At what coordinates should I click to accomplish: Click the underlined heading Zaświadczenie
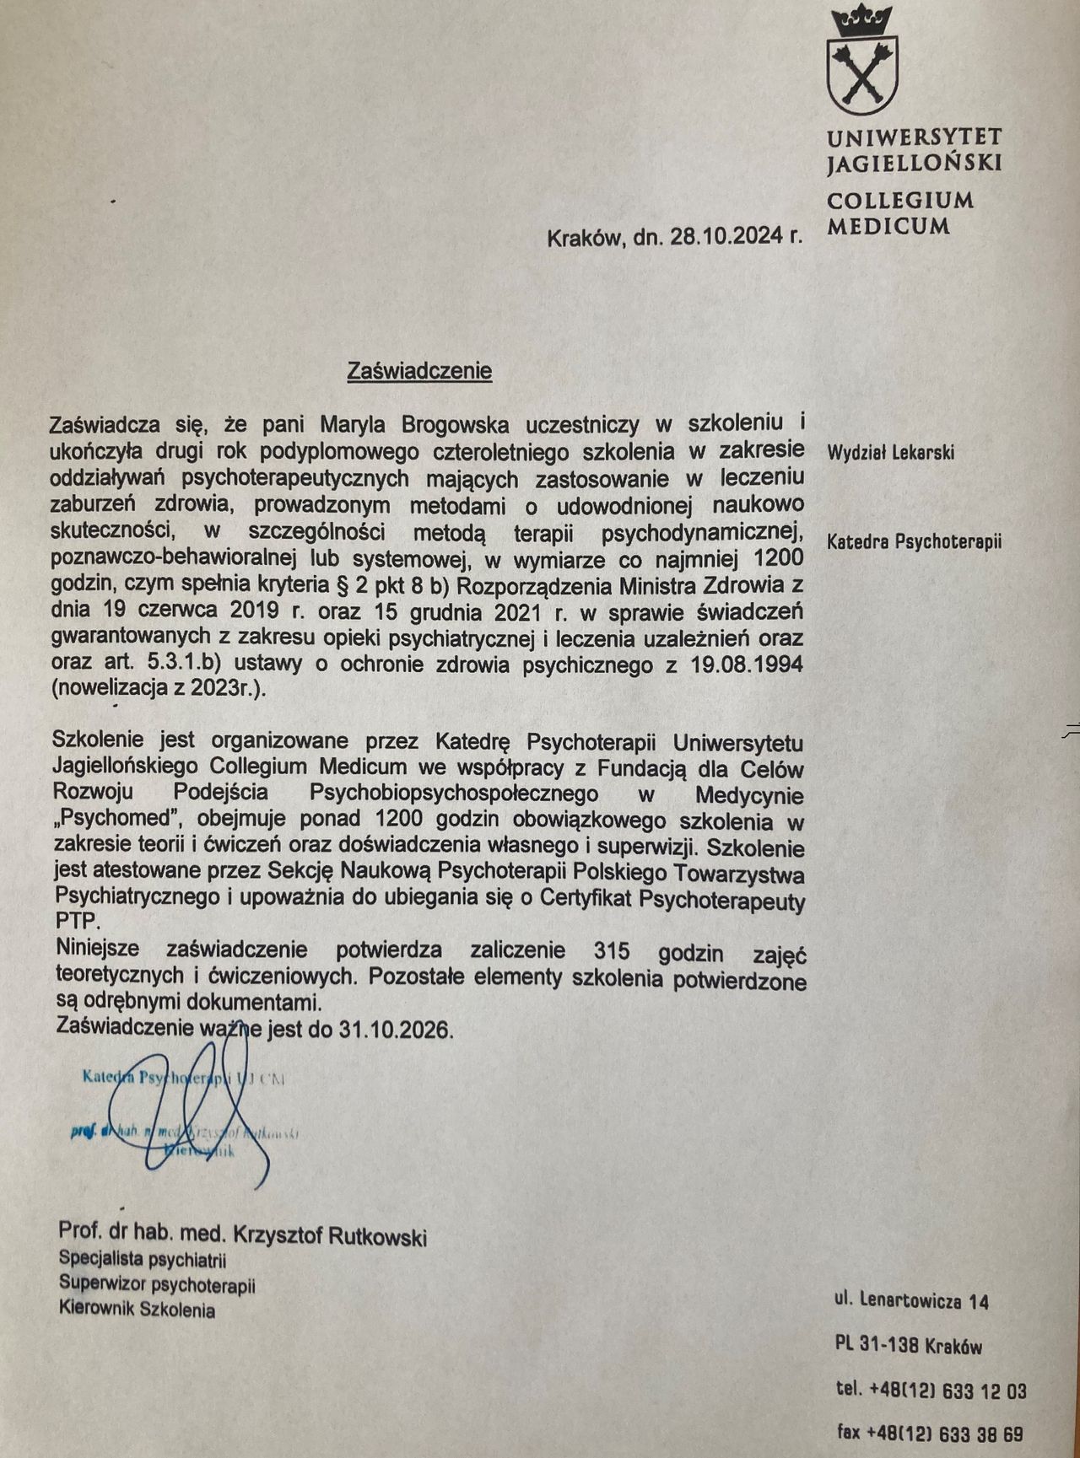[419, 371]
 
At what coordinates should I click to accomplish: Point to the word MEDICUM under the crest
[888, 226]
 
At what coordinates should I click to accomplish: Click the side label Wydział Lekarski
[890, 453]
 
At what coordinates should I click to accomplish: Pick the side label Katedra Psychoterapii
[914, 541]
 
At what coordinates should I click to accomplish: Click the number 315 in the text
[612, 950]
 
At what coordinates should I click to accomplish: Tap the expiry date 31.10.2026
[396, 1029]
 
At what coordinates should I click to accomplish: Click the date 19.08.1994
[748, 664]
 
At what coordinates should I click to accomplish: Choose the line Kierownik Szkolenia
[137, 1310]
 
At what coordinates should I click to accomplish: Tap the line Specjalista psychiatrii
[143, 1261]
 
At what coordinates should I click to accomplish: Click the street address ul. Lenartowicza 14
[911, 1300]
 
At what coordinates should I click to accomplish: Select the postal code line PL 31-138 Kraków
[909, 1345]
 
